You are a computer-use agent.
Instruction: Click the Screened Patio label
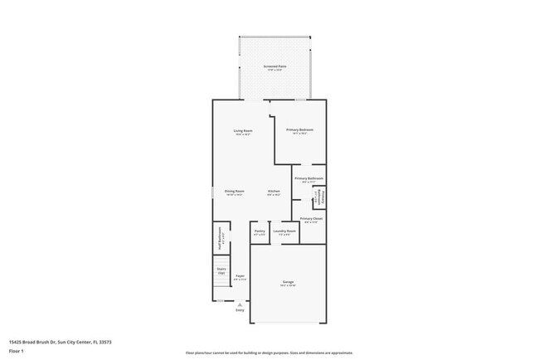pos(275,68)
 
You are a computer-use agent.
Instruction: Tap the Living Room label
pos(242,131)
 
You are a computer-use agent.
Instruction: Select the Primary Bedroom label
pos(300,130)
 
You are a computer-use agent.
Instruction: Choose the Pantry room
pos(260,233)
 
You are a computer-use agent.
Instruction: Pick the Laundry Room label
pos(284,233)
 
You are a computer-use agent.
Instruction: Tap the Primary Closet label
pos(311,220)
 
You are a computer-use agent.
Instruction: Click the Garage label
pos(288,284)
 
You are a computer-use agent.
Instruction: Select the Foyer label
pos(240,277)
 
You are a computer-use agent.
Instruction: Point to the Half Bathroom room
pos(221,239)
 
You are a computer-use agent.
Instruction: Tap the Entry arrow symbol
pos(240,304)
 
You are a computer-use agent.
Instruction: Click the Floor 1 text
pos(17,350)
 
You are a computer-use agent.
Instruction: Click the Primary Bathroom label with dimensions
pos(308,179)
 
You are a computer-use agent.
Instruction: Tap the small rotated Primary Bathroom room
pos(318,198)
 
